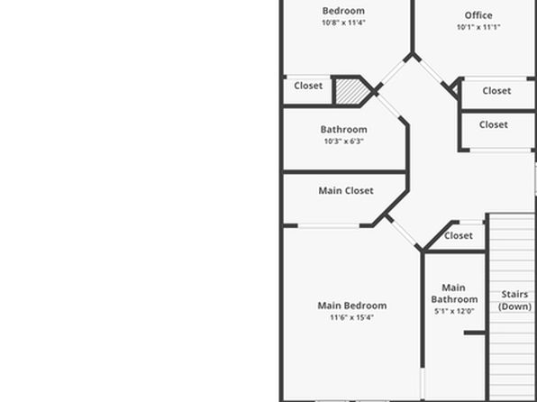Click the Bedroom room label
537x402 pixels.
click(343, 11)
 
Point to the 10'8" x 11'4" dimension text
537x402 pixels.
click(343, 23)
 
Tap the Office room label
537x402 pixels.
click(478, 15)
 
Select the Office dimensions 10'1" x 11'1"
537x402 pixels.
click(478, 27)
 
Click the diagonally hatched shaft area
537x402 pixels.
click(352, 92)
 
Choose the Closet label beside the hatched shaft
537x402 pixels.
click(308, 86)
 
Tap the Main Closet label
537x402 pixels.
click(346, 190)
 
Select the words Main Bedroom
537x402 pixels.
click(352, 306)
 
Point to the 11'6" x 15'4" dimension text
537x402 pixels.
click(352, 317)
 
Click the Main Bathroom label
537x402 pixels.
click(454, 293)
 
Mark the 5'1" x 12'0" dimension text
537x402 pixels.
click(454, 311)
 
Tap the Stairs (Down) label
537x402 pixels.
click(514, 300)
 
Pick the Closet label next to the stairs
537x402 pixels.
click(459, 235)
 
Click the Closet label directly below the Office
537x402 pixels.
click(496, 91)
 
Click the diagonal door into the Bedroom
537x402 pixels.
click(393, 72)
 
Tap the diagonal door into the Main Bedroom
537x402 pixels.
click(404, 232)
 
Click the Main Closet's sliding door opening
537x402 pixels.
click(329, 225)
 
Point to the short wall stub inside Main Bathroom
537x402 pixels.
click(475, 333)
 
